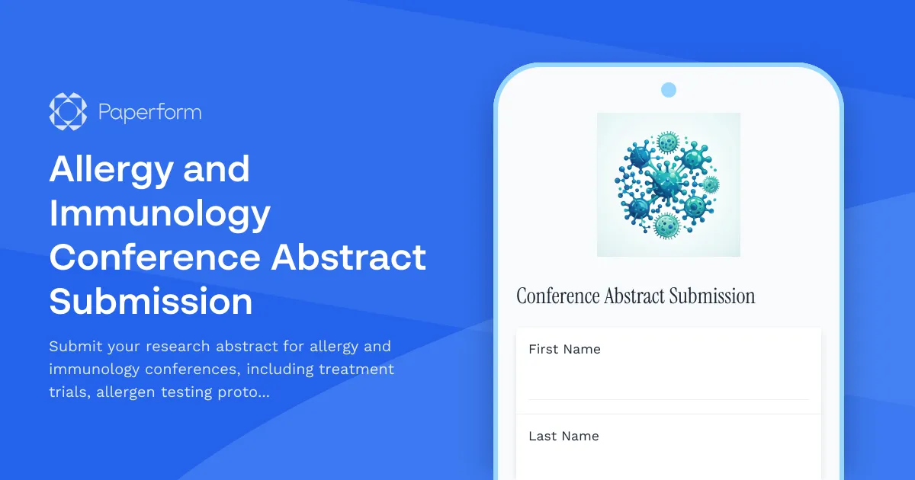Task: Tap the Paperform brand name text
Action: tap(150, 113)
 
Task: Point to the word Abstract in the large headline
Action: tap(348, 258)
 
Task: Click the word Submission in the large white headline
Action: tap(151, 302)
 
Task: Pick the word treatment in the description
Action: tap(356, 370)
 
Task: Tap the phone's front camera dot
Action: tap(669, 90)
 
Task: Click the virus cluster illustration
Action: tap(668, 184)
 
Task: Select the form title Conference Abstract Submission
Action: tap(636, 296)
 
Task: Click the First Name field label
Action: tap(564, 349)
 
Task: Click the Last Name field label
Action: tap(563, 436)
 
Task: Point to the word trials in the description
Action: tap(69, 393)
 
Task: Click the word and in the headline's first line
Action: tap(217, 169)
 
